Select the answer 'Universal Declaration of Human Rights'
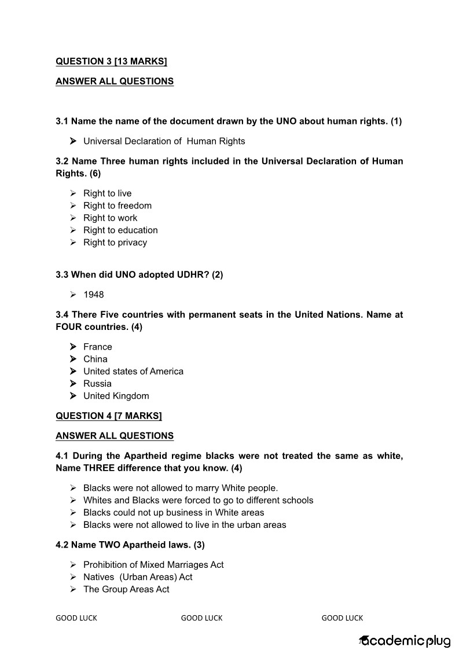[164, 141]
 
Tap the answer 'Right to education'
[120, 230]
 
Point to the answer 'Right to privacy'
[115, 243]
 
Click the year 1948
[94, 295]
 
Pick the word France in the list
[98, 347]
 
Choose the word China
[96, 359]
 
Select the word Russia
[97, 384]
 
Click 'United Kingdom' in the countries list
[116, 396]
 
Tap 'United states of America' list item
[133, 372]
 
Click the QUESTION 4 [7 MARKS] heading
[109, 416]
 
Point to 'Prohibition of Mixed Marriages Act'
[153, 565]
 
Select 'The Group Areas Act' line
[126, 589]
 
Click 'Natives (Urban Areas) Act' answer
[138, 577]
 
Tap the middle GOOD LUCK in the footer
[201, 618]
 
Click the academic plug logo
[405, 640]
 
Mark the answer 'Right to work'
[111, 218]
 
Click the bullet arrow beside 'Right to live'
[74, 193]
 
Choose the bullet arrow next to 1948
[74, 295]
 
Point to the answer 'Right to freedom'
[117, 205]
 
